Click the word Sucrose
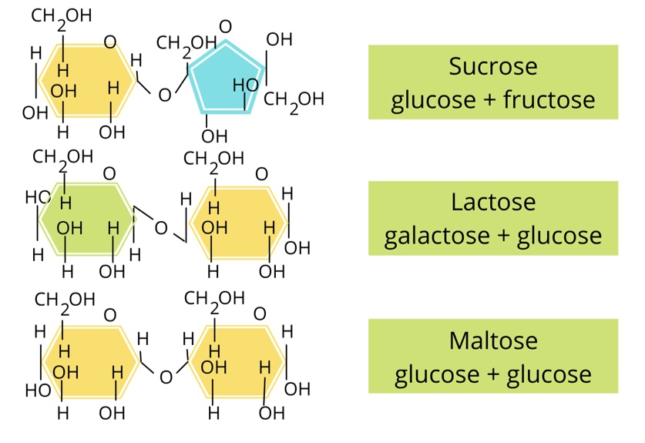[492, 67]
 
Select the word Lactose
[492, 203]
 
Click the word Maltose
[492, 341]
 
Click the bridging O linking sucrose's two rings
[163, 96]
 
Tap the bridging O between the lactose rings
[161, 228]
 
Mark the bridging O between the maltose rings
[166, 378]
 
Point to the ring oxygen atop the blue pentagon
[225, 28]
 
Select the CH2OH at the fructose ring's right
[294, 99]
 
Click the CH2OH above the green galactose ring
[62, 157]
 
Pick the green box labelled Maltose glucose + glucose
[492, 357]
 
